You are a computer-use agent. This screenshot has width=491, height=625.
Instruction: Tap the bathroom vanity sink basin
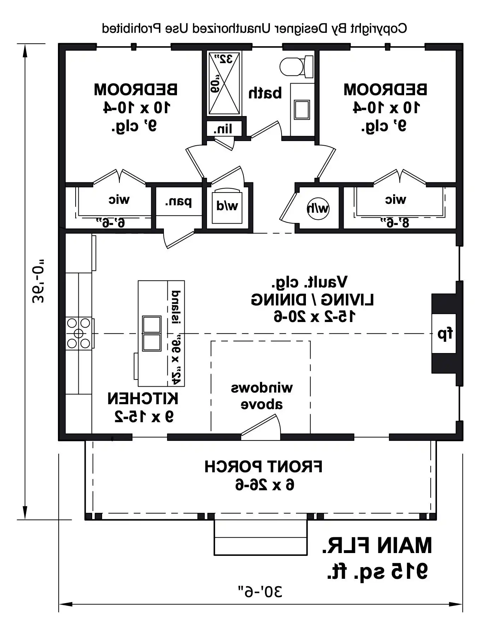(302, 109)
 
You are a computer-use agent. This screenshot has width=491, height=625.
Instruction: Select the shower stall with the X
(224, 83)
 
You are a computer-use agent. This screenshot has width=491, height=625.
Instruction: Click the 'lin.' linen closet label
(223, 129)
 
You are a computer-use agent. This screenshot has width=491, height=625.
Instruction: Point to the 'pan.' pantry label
(178, 202)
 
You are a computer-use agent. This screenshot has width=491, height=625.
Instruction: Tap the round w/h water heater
(318, 208)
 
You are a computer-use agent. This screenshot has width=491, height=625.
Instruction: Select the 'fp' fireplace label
(445, 334)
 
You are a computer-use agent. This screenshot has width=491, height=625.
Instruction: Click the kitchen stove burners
(79, 333)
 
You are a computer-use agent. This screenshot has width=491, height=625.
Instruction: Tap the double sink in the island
(152, 333)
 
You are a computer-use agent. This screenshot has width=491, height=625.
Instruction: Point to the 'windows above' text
(262, 396)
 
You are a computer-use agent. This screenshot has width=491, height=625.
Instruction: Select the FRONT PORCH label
(264, 467)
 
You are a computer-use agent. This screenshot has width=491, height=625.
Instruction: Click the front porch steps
(261, 537)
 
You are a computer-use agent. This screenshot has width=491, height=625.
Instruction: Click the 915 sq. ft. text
(377, 572)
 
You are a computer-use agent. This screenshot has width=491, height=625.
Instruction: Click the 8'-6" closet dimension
(395, 223)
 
